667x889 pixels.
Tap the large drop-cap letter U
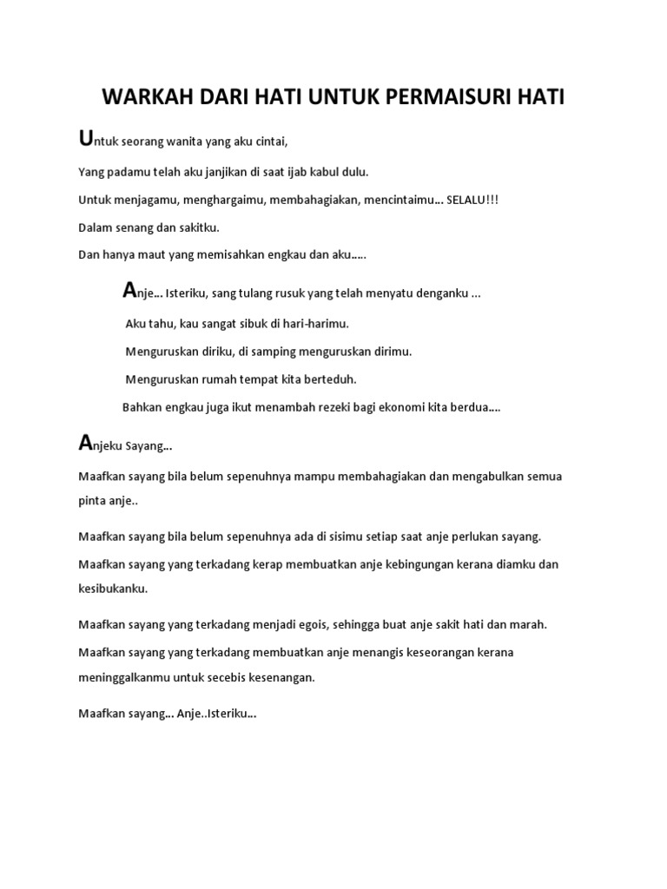(84, 139)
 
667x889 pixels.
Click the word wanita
(176, 142)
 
